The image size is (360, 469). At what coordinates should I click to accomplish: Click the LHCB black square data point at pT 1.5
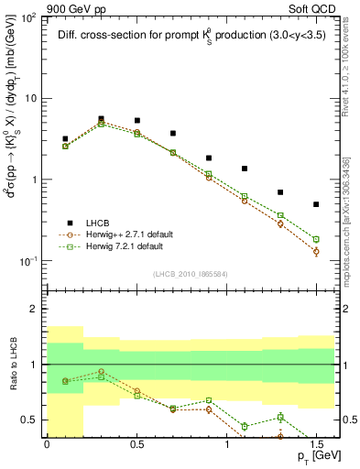(x=316, y=204)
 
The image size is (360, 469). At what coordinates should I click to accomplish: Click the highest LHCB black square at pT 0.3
(x=101, y=119)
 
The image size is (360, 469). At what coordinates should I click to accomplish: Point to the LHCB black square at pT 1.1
(x=245, y=169)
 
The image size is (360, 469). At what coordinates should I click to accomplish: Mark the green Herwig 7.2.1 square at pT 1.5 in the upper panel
(x=316, y=239)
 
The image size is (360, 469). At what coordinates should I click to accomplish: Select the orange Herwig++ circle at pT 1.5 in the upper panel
(x=316, y=251)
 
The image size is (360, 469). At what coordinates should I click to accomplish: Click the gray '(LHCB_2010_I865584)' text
(x=191, y=274)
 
